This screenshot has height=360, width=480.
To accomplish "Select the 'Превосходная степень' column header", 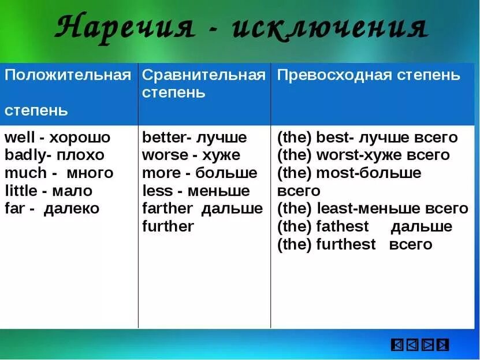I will tap(369, 75).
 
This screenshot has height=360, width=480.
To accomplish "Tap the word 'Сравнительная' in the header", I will tap(204, 75).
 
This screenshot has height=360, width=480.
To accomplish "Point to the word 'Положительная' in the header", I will tap(68, 75).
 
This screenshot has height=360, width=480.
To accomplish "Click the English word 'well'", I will tap(18, 138).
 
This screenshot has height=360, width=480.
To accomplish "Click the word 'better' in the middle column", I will tap(161, 138).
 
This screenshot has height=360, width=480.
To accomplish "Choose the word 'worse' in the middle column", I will tap(165, 155).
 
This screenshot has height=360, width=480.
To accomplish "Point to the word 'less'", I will tap(157, 191).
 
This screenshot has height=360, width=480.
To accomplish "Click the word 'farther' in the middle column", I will tap(167, 209).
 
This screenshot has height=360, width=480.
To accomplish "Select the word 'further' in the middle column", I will tap(168, 227).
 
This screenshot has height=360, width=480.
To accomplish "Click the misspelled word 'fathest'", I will tap(343, 227).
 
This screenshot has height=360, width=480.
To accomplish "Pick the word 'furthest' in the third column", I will tap(346, 244).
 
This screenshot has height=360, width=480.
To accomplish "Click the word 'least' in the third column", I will tap(333, 209).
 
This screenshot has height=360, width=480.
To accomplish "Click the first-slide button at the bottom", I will tap(397, 345).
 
